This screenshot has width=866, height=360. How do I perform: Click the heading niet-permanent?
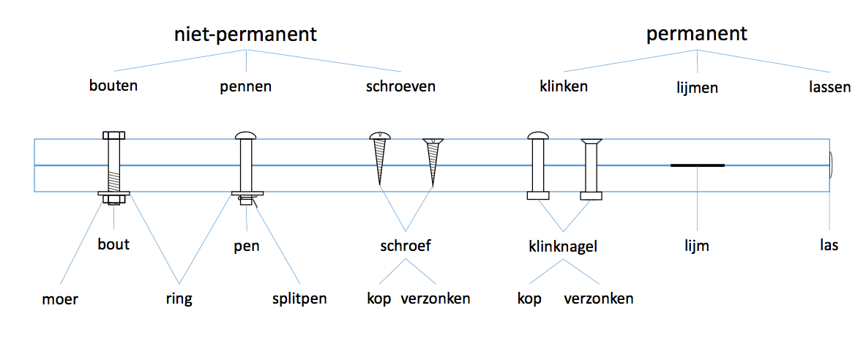245,34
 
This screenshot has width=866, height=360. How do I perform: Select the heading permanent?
696,34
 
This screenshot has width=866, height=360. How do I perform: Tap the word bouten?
113,86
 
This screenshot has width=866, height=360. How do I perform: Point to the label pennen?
246,87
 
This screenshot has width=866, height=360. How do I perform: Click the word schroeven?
400,86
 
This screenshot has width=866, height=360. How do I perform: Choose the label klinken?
564,86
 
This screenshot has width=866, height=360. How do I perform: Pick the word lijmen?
698,88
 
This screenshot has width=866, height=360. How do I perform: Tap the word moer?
61,299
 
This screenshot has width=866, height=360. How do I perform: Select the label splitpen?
299,299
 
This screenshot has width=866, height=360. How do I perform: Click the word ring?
179,300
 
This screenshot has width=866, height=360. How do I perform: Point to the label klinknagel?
564,247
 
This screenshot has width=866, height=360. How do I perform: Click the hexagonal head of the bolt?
113,135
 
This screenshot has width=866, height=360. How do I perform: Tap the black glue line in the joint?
697,165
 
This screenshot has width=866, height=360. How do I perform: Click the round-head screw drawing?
379,158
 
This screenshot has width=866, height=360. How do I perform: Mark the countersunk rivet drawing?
591,168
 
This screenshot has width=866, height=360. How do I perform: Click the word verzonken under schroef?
436,299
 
